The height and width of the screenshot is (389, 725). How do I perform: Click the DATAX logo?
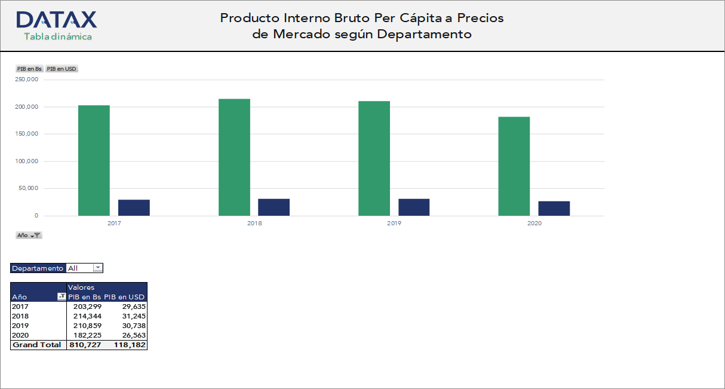point(57,20)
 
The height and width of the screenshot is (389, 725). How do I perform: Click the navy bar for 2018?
point(274,207)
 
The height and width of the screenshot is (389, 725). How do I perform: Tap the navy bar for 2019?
point(414,207)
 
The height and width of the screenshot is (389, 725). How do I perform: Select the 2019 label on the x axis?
point(394,223)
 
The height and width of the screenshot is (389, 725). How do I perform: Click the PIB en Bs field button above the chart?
point(29,69)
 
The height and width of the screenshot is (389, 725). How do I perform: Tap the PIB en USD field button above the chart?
point(62,69)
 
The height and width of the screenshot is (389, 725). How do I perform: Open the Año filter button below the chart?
point(29,235)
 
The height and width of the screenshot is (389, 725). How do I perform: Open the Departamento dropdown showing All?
point(98,268)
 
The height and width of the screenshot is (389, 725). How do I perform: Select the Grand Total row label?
point(37,345)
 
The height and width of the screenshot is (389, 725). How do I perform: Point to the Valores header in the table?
point(81,287)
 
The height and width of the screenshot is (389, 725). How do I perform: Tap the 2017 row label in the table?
point(20,307)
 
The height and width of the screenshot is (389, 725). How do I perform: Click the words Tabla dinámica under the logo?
point(58,36)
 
